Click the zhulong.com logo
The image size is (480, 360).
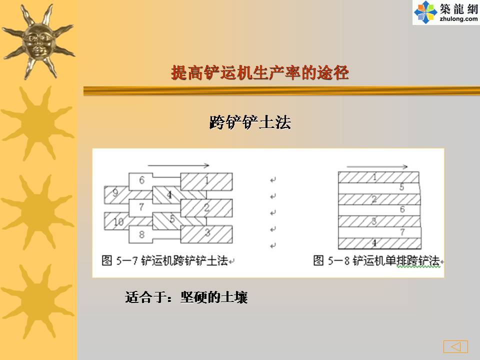(446, 12)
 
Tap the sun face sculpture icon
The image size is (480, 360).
(38, 41)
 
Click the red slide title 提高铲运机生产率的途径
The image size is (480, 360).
(260, 72)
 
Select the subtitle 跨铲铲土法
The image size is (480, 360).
(250, 122)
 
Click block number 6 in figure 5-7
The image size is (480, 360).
(141, 181)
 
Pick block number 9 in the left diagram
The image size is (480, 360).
(116, 194)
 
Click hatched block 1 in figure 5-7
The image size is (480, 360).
(206, 181)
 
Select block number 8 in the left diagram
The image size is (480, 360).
(141, 235)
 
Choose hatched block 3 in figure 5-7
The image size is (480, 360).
(206, 234)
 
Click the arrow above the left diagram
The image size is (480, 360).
(178, 165)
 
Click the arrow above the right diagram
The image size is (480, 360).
(377, 167)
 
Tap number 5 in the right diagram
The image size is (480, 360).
(401, 186)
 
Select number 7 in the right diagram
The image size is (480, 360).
(402, 232)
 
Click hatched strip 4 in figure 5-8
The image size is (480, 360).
(379, 243)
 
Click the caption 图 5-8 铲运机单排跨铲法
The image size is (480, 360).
(376, 261)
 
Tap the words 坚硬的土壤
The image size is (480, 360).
(214, 297)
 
